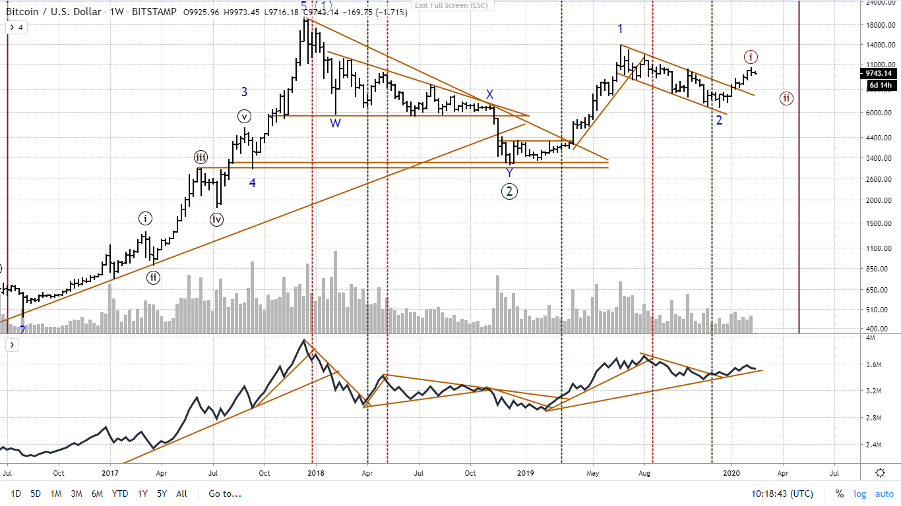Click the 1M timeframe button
56,493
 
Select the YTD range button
120,493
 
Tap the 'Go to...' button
225,493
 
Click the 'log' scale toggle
860,493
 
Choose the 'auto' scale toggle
884,493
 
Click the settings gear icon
880,472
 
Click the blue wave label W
335,123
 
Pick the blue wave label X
489,94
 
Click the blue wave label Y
509,172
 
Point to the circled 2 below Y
509,191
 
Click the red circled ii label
787,98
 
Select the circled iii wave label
201,157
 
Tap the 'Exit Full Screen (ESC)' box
451,5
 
